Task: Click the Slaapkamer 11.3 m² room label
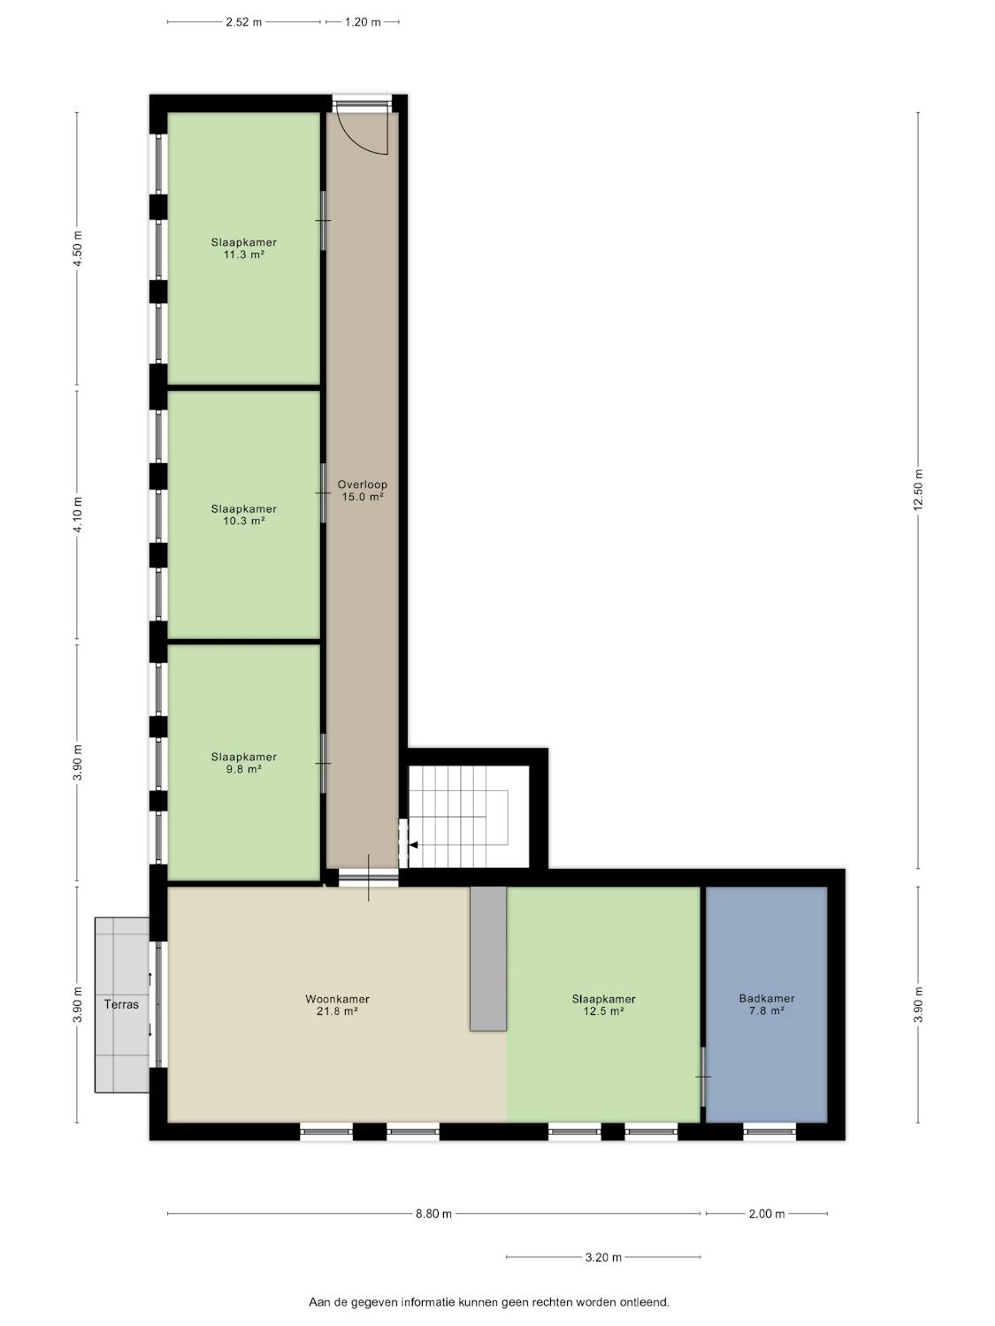coord(243,248)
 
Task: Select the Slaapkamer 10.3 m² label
coord(243,514)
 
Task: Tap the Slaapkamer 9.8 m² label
coord(243,763)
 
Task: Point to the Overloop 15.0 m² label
coord(363,491)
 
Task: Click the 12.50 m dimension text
coord(918,490)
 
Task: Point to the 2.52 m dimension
coord(244,22)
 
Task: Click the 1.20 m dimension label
coord(363,22)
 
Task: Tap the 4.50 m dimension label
coord(77,248)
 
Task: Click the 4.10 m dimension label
coord(77,514)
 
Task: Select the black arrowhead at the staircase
coord(413,845)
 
